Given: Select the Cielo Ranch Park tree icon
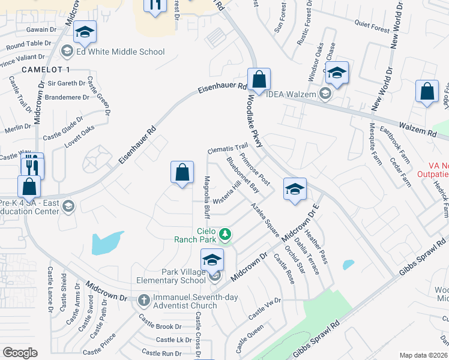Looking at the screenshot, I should point(225,233).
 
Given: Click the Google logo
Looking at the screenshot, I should point(20,353).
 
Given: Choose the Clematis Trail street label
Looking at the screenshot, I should point(228,148).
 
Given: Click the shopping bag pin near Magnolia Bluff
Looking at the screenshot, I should point(182,172).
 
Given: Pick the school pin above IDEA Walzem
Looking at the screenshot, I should point(337,73).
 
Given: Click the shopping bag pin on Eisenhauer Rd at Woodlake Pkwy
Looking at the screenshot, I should point(259,79).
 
